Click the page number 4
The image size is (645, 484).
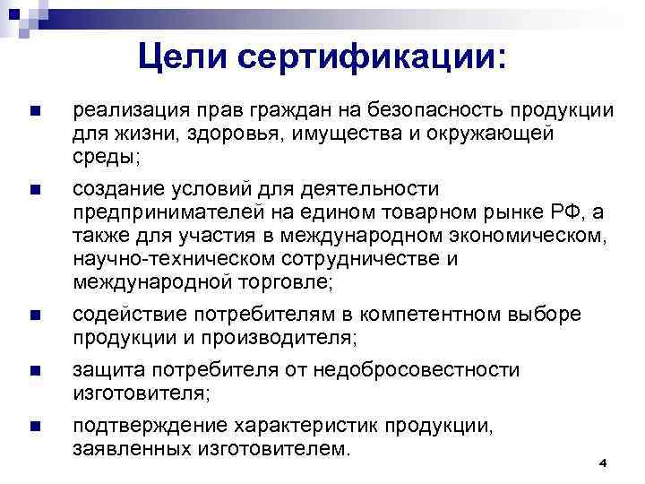click(x=602, y=462)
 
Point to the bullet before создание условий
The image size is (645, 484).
click(x=34, y=190)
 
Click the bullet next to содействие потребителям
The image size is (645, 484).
click(x=34, y=315)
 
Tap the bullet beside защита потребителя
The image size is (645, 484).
click(x=34, y=371)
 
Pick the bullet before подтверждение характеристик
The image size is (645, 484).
click(x=34, y=427)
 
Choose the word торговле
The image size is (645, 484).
click(x=285, y=282)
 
